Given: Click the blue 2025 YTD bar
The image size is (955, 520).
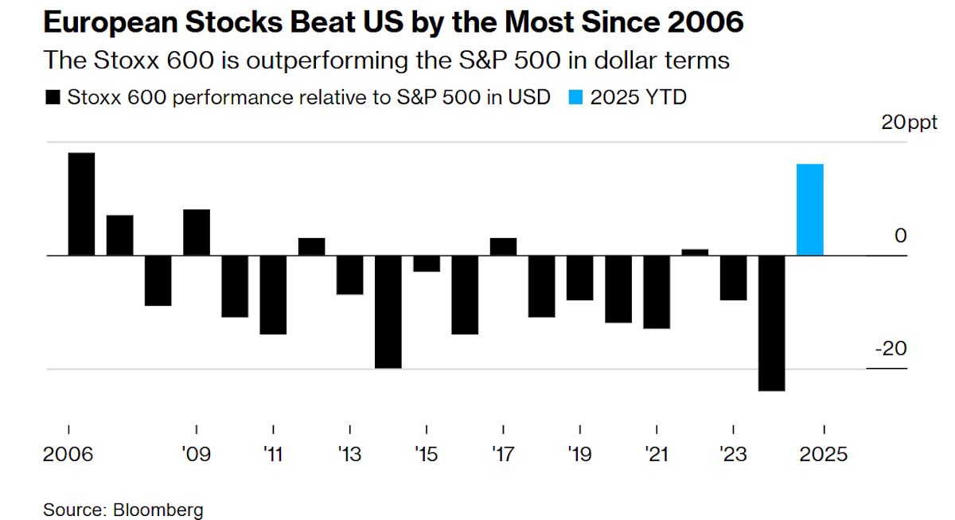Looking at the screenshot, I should (x=810, y=209).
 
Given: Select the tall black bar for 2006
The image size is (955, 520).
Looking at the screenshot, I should (x=81, y=204).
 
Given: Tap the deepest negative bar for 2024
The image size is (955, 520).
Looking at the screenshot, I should (x=772, y=323).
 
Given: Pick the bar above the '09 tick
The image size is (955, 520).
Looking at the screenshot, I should (x=197, y=233).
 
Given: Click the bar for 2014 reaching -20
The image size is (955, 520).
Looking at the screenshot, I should (x=388, y=311).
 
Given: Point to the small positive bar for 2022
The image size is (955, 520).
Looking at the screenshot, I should (x=695, y=252).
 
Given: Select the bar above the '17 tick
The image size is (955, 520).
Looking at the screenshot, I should (x=503, y=247).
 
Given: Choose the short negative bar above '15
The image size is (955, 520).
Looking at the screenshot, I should (x=427, y=264).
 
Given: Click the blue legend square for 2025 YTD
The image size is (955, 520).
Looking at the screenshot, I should (x=577, y=98).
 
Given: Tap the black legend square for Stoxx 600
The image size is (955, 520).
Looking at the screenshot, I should (x=53, y=98).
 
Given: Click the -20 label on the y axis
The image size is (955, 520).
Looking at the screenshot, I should (x=891, y=350).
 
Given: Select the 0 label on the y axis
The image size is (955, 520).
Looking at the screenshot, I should (x=900, y=236).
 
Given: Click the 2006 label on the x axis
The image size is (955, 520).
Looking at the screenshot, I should (x=68, y=455).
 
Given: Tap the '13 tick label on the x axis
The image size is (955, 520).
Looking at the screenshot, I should (x=349, y=455).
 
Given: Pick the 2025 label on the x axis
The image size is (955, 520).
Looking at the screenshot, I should (x=823, y=455).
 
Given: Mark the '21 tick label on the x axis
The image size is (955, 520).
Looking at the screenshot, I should (x=657, y=455).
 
